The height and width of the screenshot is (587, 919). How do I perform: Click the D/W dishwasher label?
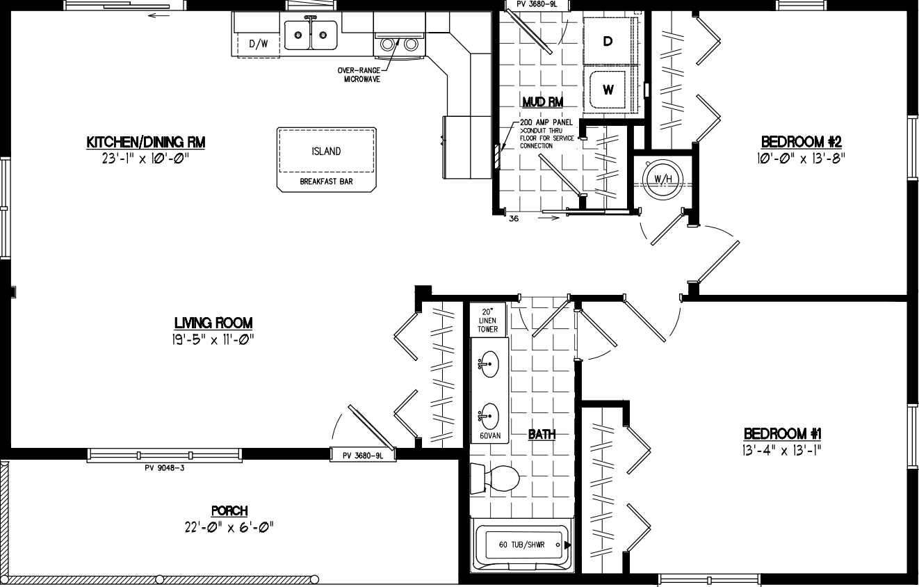(258, 45)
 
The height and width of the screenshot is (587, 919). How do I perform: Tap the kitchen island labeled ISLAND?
(325, 152)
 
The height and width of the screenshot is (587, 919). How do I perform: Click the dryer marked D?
(608, 41)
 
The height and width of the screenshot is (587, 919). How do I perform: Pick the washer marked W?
(608, 90)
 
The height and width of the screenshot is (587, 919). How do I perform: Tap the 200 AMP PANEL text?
(546, 122)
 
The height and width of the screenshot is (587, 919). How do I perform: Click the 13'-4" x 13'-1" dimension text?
(782, 449)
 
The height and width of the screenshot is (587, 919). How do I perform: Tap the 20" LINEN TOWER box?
(488, 320)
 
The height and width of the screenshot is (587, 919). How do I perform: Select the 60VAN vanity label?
(489, 436)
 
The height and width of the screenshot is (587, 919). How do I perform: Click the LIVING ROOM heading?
(213, 323)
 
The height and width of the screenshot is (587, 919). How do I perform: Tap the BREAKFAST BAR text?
(326, 182)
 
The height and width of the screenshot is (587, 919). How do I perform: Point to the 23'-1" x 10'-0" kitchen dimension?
(145, 158)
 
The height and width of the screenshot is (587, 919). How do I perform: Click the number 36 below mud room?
(514, 218)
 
